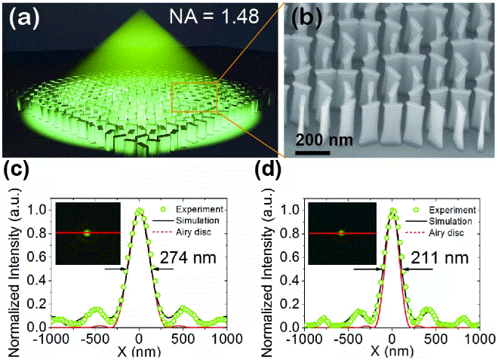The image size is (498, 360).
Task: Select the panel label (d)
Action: point(270,175)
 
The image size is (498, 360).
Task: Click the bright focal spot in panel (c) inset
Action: point(87,233)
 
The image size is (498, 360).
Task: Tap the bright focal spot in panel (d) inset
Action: point(341,233)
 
